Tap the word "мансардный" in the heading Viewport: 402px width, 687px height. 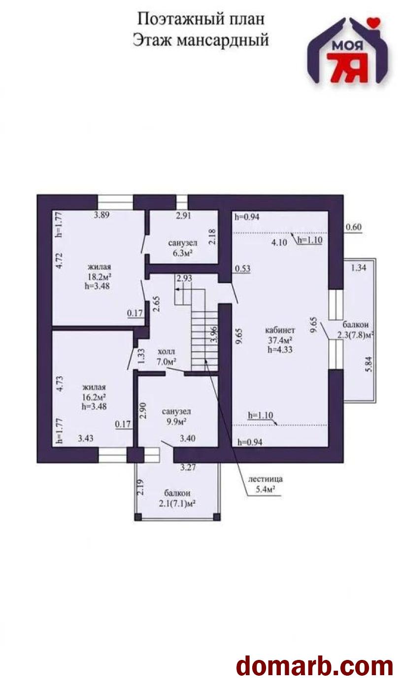pyautogui.click(x=223, y=40)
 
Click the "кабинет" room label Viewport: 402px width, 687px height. pyautogui.click(x=280, y=330)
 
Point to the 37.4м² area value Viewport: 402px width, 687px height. pyautogui.click(x=280, y=340)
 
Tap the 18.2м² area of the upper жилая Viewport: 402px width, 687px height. pyautogui.click(x=100, y=276)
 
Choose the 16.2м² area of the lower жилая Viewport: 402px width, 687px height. pyautogui.click(x=94, y=397)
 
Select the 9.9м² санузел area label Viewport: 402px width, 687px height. pyautogui.click(x=176, y=422)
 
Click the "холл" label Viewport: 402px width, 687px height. pyautogui.click(x=166, y=352)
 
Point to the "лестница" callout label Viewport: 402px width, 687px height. pyautogui.click(x=265, y=479)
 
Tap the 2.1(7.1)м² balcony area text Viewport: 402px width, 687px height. pyautogui.click(x=177, y=504)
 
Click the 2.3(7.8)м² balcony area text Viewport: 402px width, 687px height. pyautogui.click(x=355, y=335)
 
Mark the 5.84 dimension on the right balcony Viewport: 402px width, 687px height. pyautogui.click(x=369, y=364)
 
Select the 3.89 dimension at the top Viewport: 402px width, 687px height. pyautogui.click(x=101, y=215)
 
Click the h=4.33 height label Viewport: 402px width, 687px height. pyautogui.click(x=280, y=349)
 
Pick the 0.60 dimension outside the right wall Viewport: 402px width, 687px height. pyautogui.click(x=354, y=227)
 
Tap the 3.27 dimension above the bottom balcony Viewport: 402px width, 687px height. pyautogui.click(x=188, y=468)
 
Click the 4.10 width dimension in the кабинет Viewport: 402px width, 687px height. pyautogui.click(x=279, y=243)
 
